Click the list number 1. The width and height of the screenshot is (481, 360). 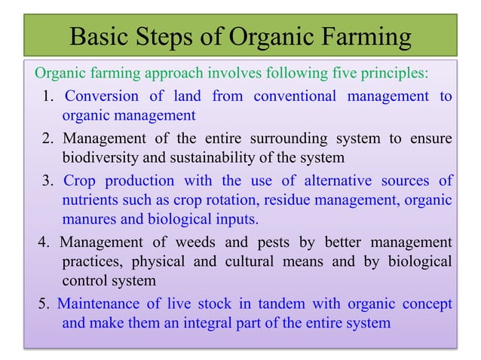(x=47, y=96)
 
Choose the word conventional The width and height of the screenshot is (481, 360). (x=296, y=96)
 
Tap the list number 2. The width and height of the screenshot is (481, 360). (x=47, y=139)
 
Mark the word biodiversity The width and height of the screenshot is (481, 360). (x=100, y=158)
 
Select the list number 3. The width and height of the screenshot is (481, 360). (x=47, y=182)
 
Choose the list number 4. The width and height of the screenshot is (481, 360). (x=44, y=243)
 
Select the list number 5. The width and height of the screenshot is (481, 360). (x=44, y=304)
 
